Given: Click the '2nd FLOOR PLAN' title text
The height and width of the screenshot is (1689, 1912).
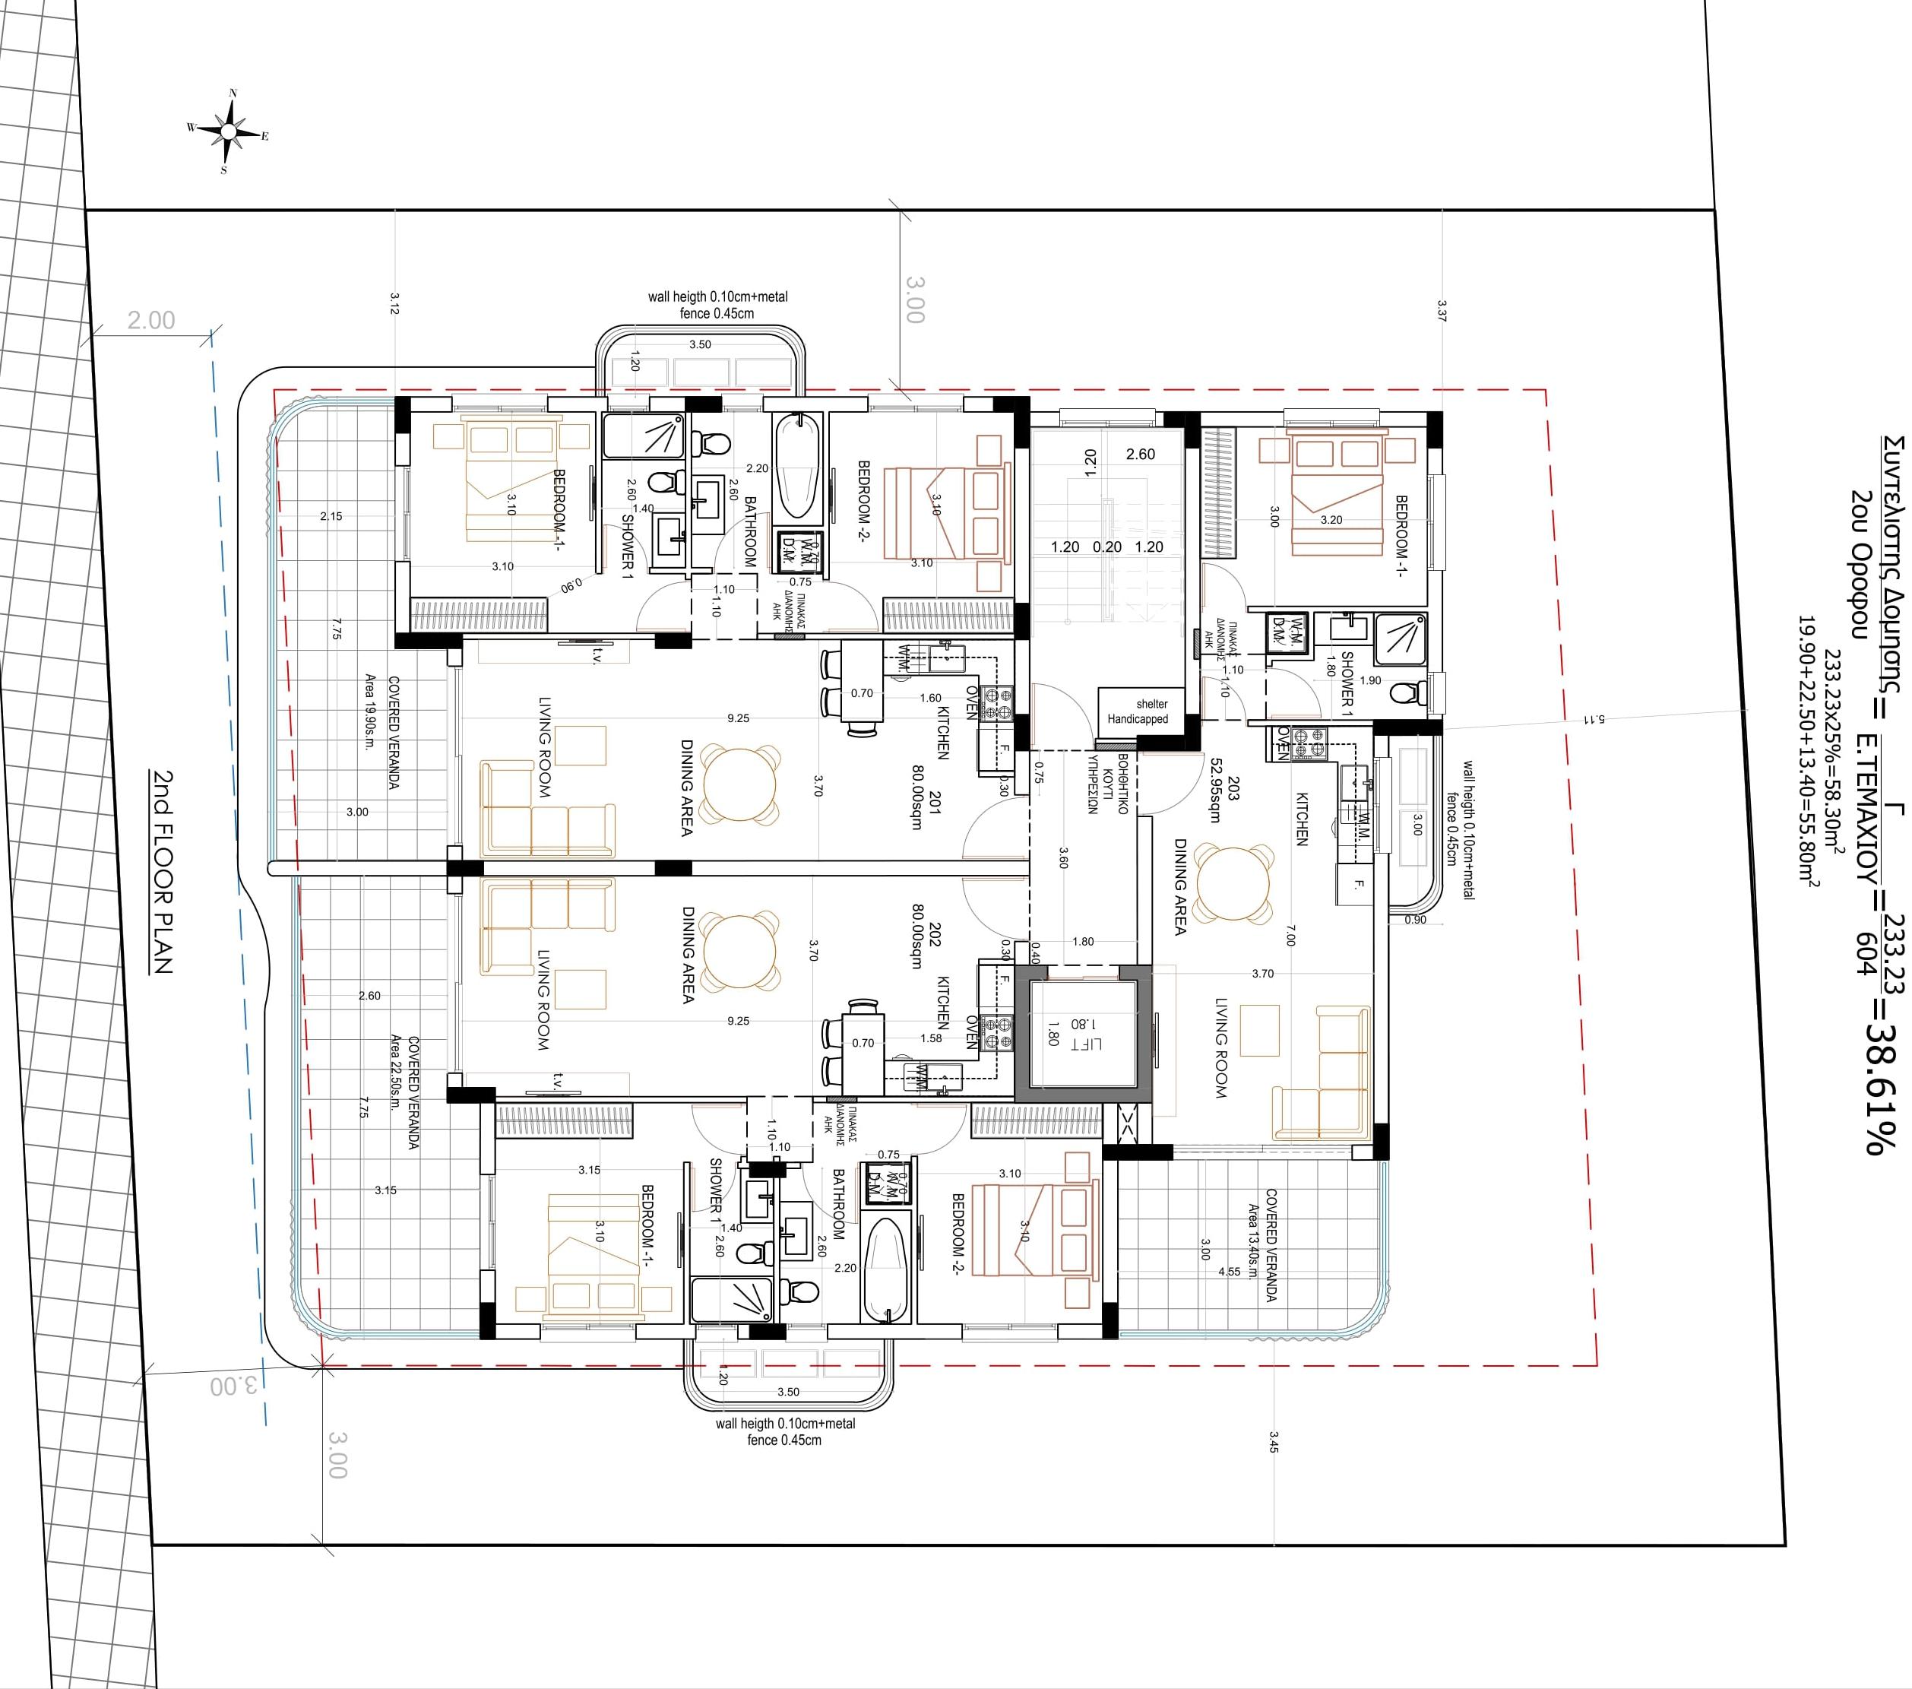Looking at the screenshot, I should coord(163,872).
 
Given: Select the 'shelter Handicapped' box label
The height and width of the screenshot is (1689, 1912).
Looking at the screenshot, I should coord(1138,711).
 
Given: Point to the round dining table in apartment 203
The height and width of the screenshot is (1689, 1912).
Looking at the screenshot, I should coord(1234,884).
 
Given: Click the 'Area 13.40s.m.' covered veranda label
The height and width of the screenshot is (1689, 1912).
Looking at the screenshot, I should coord(1253,1244).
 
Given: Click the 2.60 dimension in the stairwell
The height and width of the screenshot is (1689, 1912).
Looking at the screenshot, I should coord(1140,455).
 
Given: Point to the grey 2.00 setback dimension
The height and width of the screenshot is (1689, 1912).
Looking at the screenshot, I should coord(150,321).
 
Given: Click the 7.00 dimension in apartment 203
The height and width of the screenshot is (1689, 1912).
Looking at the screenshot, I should coord(1290,935).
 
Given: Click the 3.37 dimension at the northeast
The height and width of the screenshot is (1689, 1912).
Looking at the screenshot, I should coord(1442,311).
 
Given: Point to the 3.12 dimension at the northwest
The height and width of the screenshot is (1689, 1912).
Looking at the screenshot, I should coord(394,303).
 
